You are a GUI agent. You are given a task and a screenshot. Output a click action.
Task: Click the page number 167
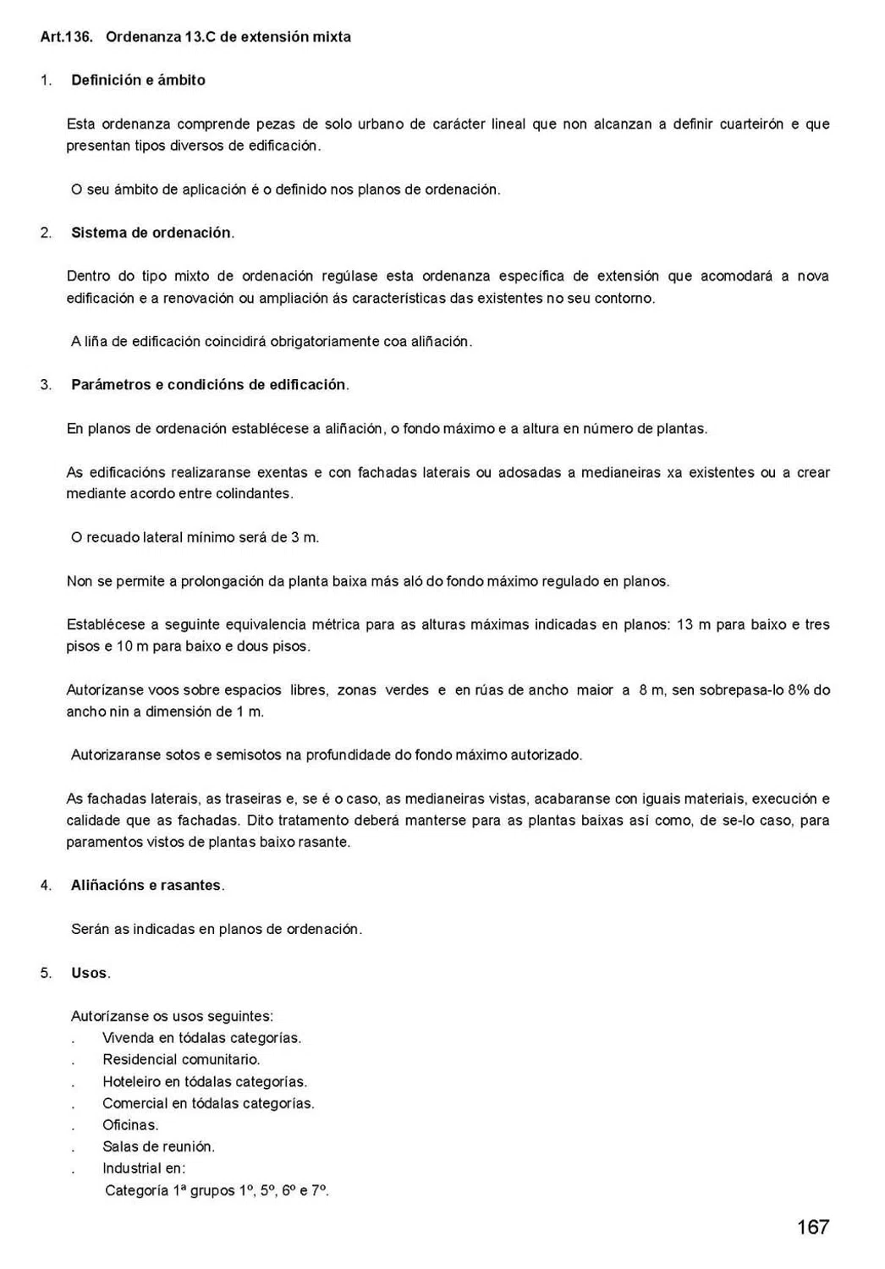point(812,1227)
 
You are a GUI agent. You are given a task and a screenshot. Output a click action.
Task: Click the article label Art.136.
point(66,37)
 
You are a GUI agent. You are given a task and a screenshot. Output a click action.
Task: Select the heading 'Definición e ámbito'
point(138,80)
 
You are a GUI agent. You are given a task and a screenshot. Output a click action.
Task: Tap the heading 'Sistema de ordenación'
point(151,233)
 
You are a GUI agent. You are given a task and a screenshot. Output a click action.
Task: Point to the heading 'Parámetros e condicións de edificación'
point(209,385)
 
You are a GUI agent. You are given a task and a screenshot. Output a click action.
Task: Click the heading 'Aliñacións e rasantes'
point(146,886)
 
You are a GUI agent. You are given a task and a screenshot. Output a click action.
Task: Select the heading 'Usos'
point(90,973)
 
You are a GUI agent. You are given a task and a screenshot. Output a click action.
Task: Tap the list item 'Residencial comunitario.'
point(181,1059)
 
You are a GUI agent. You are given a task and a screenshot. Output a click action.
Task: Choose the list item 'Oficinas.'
point(130,1125)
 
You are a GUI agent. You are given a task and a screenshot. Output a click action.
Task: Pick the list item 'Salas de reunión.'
point(158,1147)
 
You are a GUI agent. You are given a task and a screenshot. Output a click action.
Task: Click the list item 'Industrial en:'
point(144,1168)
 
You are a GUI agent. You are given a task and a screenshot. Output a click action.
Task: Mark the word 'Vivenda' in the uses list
point(128,1038)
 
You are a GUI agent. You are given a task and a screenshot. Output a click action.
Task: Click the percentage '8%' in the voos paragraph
point(800,690)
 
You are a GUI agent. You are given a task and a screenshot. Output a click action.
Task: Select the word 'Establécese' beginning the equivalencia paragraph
point(104,625)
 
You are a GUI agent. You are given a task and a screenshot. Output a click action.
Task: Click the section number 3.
point(45,385)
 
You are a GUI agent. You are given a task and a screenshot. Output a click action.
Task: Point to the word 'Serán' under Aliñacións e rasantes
point(90,929)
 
